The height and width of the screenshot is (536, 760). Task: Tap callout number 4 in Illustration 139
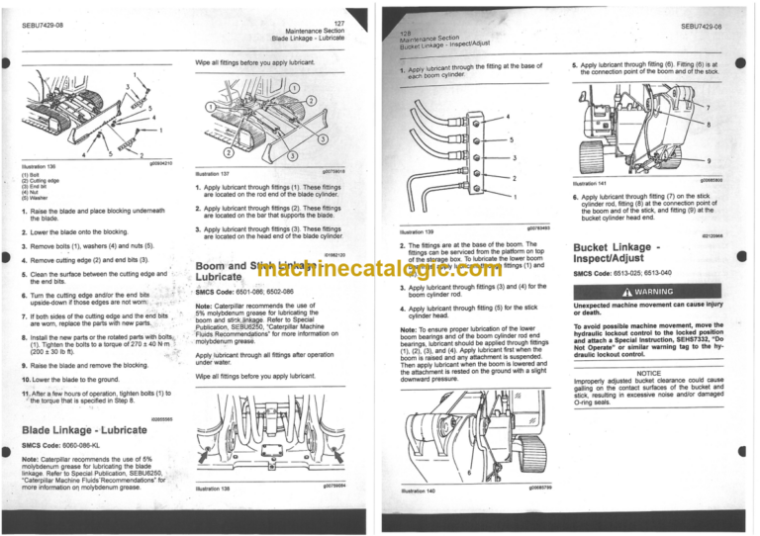510,117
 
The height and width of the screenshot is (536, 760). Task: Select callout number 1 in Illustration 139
515,197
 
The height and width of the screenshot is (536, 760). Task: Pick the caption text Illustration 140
415,491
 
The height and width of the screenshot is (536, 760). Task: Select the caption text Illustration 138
217,488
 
